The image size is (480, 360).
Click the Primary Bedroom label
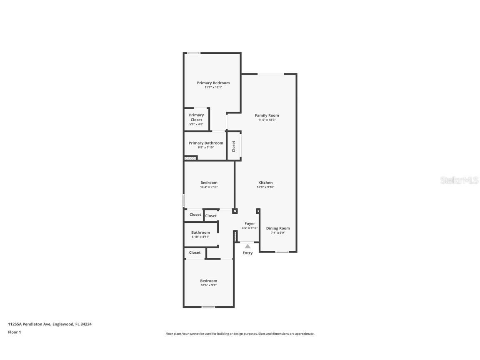(x=213, y=83)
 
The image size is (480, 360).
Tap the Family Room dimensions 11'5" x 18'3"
(x=267, y=120)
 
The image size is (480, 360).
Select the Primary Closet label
(x=196, y=117)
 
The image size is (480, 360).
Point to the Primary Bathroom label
(x=206, y=143)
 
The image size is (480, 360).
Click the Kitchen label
(x=265, y=182)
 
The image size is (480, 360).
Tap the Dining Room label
(x=278, y=228)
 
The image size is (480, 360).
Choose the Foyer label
(x=250, y=224)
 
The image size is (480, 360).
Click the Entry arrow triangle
(x=247, y=246)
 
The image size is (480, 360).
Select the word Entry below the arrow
(x=247, y=253)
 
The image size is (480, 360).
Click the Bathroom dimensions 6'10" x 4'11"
(x=200, y=237)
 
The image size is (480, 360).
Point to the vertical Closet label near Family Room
(x=233, y=146)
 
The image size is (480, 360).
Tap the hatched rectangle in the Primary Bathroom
(x=190, y=158)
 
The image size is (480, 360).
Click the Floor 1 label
(x=14, y=332)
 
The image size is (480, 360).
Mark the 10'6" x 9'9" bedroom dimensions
(x=208, y=285)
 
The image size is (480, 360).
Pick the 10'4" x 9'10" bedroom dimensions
(x=209, y=187)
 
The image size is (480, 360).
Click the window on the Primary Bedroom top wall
(x=193, y=53)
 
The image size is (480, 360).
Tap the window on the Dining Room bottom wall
(x=282, y=252)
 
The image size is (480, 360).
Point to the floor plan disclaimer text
(x=240, y=334)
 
